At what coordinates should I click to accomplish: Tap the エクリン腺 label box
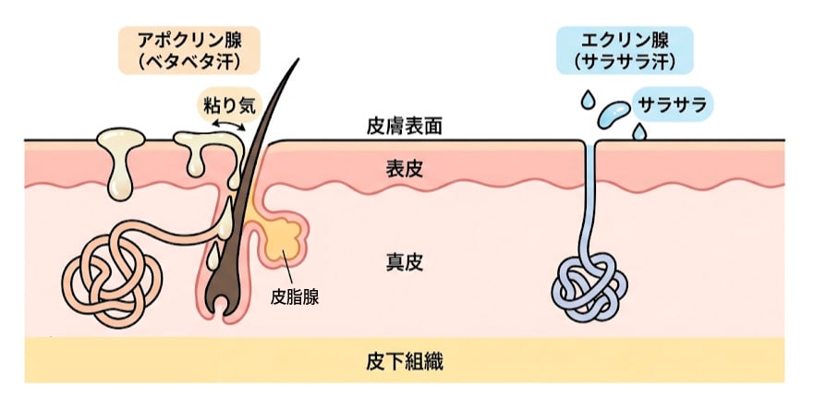point(625,50)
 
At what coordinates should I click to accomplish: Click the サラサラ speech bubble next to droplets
point(672,104)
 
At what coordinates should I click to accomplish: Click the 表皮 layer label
point(404,169)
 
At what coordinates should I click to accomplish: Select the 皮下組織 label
point(404,361)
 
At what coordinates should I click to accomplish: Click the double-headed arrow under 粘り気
point(225,123)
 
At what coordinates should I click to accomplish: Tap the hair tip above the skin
point(298,65)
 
